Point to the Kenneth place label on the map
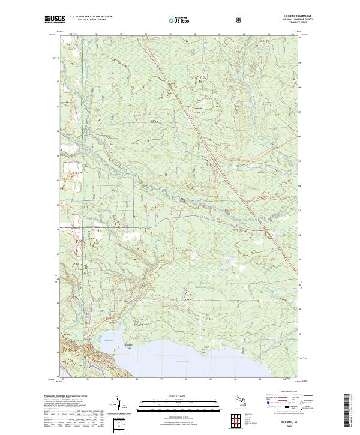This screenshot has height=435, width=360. [x=181, y=108]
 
